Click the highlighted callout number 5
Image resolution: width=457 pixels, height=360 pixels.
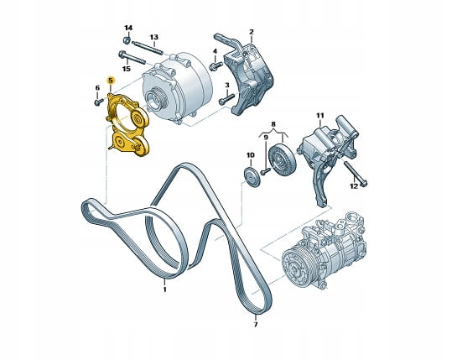111,81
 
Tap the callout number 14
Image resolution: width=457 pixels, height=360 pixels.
128,28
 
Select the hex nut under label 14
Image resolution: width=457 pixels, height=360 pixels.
127,40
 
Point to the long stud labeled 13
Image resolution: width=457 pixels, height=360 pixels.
148,48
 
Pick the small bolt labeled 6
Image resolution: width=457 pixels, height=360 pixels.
99,102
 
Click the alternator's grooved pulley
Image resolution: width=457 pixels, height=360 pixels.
156,100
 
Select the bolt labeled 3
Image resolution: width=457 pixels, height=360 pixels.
226,99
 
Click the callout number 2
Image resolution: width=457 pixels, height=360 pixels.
252,32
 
